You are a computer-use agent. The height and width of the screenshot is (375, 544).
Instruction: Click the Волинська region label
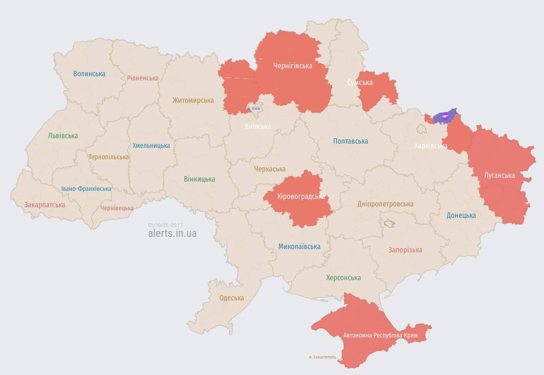[x=89, y=74]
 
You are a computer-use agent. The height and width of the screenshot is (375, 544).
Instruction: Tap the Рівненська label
[x=143, y=78]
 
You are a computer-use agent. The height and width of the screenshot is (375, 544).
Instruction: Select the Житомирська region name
[x=193, y=100]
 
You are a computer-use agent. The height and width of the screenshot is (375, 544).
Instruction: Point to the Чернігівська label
[x=293, y=65]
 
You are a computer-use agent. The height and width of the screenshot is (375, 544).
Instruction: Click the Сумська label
[x=360, y=83]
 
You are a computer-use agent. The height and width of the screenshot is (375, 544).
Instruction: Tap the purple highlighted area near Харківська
[x=445, y=116]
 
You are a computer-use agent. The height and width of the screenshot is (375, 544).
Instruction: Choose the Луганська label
[x=500, y=175]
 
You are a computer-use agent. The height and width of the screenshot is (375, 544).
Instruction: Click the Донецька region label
[x=461, y=215]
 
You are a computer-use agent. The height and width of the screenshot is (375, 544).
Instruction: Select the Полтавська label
[x=350, y=141]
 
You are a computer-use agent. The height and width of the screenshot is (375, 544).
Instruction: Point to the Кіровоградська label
[x=301, y=196]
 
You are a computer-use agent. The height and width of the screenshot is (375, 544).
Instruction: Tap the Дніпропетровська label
[x=385, y=204]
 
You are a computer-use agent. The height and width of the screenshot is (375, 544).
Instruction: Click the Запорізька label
[x=405, y=250]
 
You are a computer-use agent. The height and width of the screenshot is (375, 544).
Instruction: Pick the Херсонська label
[x=344, y=277]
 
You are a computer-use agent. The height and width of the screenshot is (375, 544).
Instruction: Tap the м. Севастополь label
[x=323, y=357]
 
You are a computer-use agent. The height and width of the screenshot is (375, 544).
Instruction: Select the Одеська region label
[x=232, y=298]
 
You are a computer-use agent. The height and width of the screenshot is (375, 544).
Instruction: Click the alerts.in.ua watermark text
[x=172, y=233]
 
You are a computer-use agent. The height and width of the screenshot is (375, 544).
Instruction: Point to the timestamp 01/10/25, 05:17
[x=165, y=225]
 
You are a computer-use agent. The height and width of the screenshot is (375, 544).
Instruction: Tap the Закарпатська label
[x=44, y=205]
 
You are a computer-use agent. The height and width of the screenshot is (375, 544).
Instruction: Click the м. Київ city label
[x=253, y=108]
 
